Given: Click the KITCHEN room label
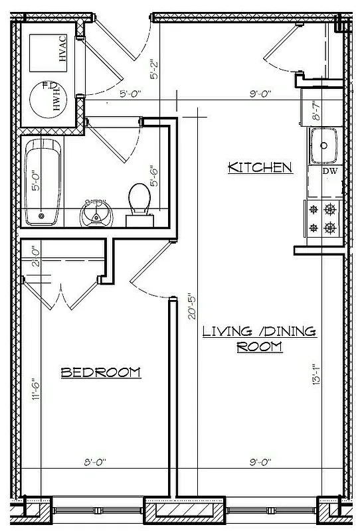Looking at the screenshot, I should pyautogui.click(x=260, y=167).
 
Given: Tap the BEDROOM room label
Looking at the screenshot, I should pyautogui.click(x=101, y=372).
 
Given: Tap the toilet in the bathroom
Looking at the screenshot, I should pyautogui.click(x=139, y=201).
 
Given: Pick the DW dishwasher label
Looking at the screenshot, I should pyautogui.click(x=330, y=171).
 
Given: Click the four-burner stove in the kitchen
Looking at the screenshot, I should pyautogui.click(x=322, y=220).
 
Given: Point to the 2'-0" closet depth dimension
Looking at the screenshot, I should pyautogui.click(x=36, y=256).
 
